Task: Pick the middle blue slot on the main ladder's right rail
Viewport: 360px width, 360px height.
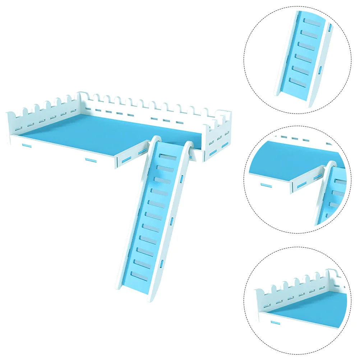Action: (x=172, y=220)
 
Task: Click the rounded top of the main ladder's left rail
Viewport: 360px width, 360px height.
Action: (x=156, y=139)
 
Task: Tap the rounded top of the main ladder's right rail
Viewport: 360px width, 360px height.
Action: (x=189, y=144)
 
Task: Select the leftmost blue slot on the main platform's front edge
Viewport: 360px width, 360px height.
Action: (x=26, y=146)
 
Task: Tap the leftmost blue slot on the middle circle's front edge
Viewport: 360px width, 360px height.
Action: (x=266, y=185)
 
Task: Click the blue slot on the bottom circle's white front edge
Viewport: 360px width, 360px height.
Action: (x=276, y=323)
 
